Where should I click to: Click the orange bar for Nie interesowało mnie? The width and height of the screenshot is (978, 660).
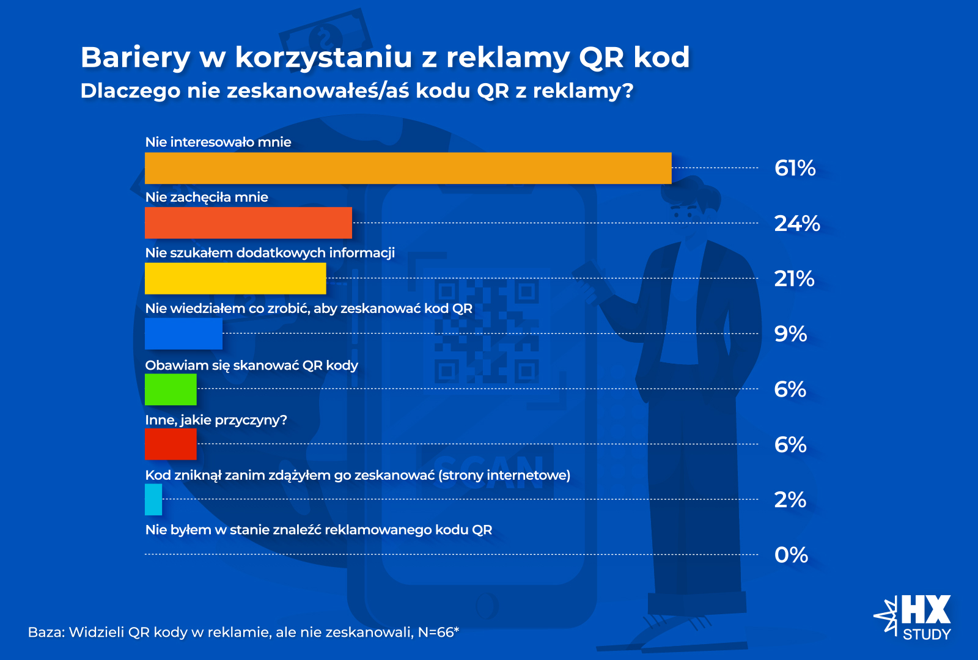tap(408, 168)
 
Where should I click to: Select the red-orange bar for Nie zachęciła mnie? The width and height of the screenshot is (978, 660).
tap(248, 223)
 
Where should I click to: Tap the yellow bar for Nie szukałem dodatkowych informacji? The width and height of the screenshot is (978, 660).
tap(235, 279)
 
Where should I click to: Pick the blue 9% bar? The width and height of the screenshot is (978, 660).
tap(183, 334)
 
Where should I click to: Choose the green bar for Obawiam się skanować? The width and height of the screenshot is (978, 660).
tap(171, 389)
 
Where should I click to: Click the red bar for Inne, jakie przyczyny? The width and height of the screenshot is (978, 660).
tap(171, 444)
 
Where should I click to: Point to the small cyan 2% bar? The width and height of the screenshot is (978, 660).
tap(153, 499)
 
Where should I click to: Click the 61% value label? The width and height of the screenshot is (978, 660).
tap(795, 168)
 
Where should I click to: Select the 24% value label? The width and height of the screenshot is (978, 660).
tap(796, 224)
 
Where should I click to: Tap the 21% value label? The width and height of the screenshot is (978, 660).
tap(794, 279)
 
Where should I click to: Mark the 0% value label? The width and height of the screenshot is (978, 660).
tap(791, 555)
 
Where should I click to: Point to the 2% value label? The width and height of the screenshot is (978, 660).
tap(790, 500)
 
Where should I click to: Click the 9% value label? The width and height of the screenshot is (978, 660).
tap(790, 334)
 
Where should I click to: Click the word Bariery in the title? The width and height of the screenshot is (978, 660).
tap(136, 57)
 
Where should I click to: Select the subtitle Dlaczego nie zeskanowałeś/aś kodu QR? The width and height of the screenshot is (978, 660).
tap(356, 91)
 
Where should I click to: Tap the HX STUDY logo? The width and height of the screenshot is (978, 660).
tap(914, 617)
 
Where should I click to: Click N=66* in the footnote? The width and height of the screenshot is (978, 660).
tap(438, 632)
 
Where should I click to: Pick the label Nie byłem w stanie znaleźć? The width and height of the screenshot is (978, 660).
tap(318, 530)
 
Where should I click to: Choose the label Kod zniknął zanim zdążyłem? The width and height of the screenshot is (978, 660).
tap(358, 475)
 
